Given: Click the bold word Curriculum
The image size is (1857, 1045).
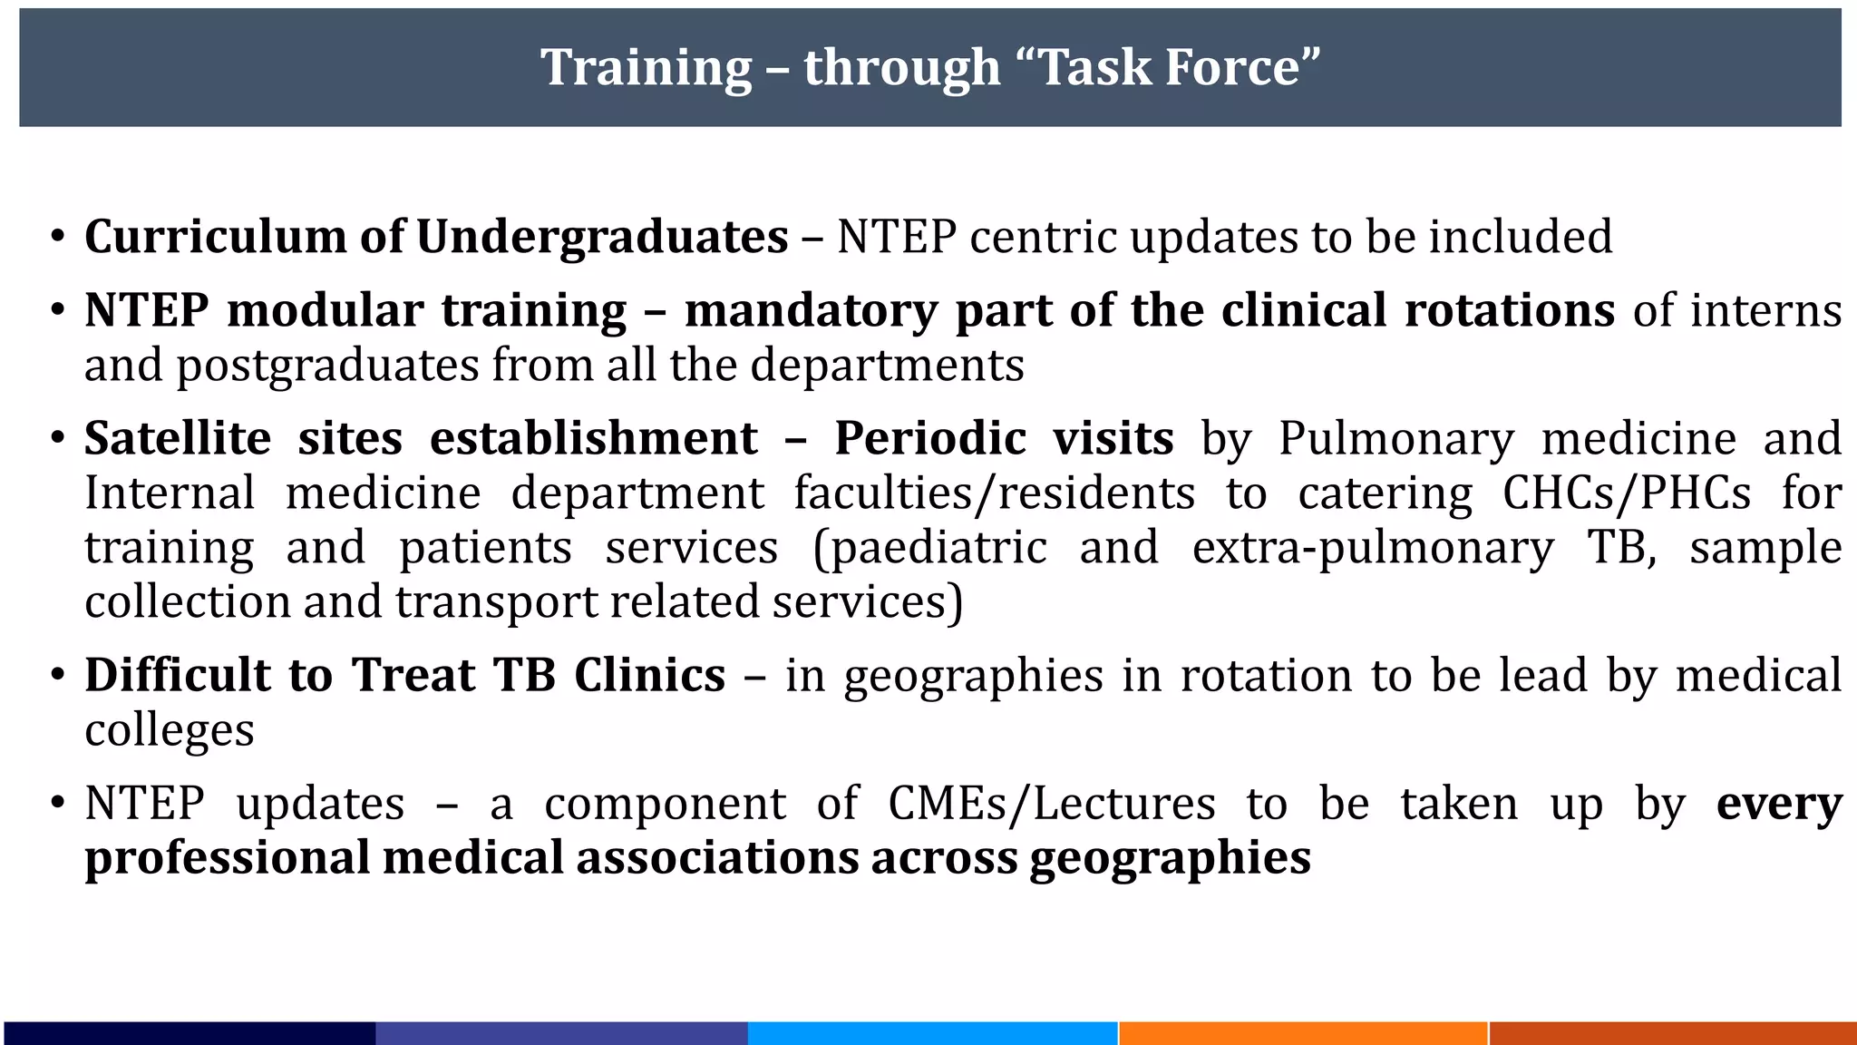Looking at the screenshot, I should pyautogui.click(x=214, y=237).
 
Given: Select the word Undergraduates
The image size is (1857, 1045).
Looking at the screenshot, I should pyautogui.click(x=602, y=237).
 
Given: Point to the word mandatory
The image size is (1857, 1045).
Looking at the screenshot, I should pyautogui.click(x=811, y=311).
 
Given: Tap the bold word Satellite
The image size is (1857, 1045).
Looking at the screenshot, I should pyautogui.click(x=178, y=439).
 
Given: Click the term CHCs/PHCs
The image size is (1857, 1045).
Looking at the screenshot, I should pyautogui.click(x=1627, y=494).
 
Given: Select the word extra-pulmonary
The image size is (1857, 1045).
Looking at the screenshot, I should pyautogui.click(x=1373, y=549).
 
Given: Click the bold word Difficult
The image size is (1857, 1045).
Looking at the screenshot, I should pyautogui.click(x=178, y=676).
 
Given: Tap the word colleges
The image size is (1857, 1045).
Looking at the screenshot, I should pyautogui.click(x=170, y=731).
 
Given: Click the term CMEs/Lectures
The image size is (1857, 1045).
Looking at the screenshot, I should pyautogui.click(x=1052, y=805).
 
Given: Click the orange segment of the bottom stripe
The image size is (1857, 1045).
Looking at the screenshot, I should pyautogui.click(x=1302, y=1033).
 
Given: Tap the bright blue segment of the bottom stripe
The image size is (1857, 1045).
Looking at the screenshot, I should pyautogui.click(x=932, y=1033).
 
